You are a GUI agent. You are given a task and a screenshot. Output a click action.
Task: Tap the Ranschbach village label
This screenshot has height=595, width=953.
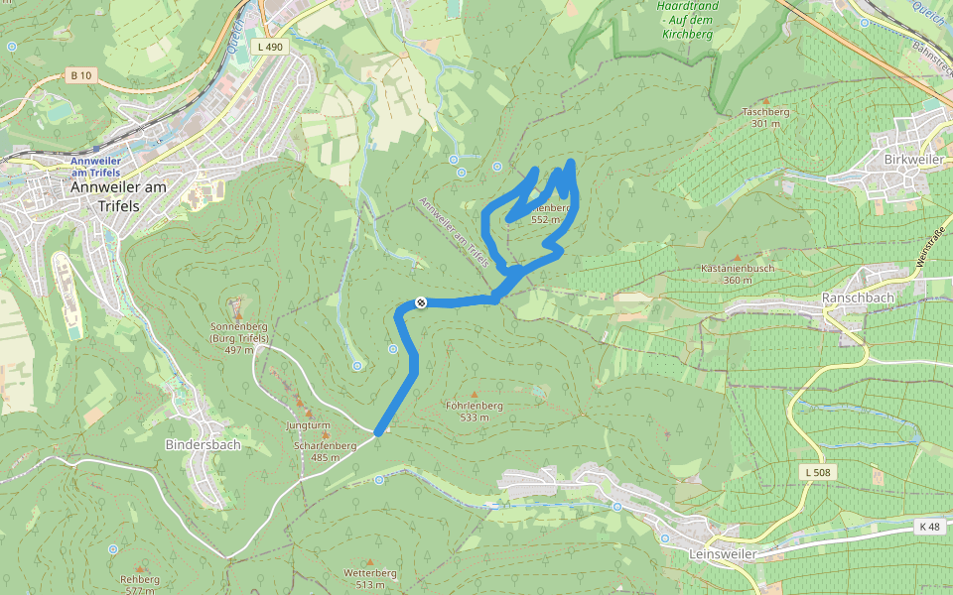pos(858,297)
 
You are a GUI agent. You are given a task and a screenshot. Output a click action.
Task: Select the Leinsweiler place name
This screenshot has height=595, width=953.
pos(721,554)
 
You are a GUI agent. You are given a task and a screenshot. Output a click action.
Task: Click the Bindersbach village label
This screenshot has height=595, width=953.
pos(203,444)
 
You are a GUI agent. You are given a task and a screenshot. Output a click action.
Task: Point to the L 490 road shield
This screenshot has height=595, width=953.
pos(269,47)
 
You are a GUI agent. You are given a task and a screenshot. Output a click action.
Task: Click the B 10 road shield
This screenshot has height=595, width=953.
pos(80,75)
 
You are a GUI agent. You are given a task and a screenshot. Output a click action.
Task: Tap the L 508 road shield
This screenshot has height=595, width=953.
pos(817,472)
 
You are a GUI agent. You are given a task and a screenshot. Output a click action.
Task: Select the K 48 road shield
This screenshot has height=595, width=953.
pos(929,527)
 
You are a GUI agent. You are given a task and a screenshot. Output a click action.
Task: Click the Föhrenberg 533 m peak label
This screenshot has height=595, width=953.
pos(475,412)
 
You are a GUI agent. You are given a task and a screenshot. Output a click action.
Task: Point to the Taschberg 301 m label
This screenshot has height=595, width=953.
pos(765,117)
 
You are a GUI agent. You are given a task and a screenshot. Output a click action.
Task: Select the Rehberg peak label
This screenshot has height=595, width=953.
pos(139,584)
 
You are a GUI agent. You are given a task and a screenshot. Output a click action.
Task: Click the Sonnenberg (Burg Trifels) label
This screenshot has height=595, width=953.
pos(239,337)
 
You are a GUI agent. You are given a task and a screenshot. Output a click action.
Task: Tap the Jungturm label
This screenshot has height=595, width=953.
pos(307,425)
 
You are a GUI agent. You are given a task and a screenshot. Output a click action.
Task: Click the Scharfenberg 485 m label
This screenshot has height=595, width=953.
pos(325,451)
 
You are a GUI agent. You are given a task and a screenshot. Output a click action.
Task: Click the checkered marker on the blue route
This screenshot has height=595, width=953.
pos(421,302)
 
